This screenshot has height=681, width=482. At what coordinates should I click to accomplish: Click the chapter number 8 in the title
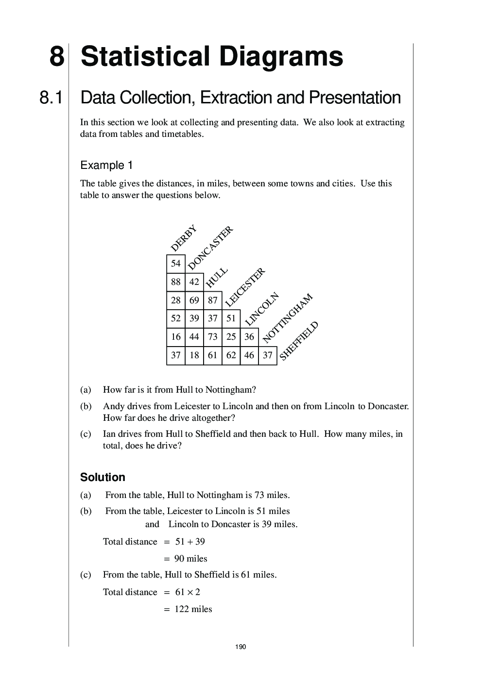pyautogui.click(x=56, y=57)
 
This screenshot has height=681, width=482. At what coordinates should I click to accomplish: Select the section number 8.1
pyautogui.click(x=51, y=98)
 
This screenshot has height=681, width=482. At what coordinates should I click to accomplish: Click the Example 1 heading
pyautogui.click(x=106, y=166)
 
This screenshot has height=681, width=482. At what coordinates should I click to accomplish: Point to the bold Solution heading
pyautogui.click(x=103, y=478)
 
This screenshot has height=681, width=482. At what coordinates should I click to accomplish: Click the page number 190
pyautogui.click(x=241, y=647)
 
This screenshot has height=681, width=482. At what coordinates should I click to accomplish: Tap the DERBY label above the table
pyautogui.click(x=184, y=238)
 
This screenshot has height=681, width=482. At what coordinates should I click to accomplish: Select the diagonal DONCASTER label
pyautogui.click(x=210, y=248)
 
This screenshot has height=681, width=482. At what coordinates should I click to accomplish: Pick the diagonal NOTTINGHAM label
pyautogui.click(x=288, y=318)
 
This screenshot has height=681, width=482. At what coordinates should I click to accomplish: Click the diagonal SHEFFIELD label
pyautogui.click(x=299, y=340)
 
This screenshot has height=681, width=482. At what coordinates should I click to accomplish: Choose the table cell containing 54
pyautogui.click(x=176, y=264)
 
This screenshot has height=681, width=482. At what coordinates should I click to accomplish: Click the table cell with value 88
pyautogui.click(x=176, y=282)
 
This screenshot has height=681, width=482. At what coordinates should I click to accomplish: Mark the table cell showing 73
pyautogui.click(x=212, y=337)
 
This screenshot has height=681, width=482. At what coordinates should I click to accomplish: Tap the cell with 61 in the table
pyautogui.click(x=212, y=355)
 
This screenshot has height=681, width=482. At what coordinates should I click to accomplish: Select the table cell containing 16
pyautogui.click(x=176, y=337)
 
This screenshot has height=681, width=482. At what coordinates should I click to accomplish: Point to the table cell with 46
pyautogui.click(x=249, y=355)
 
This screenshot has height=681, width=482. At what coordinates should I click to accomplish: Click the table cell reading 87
pyautogui.click(x=212, y=300)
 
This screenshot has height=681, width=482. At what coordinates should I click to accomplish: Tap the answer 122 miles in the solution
pyautogui.click(x=193, y=609)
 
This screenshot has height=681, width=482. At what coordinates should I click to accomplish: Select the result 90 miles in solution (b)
pyautogui.click(x=190, y=559)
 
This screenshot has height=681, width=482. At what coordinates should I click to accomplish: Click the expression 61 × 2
pyautogui.click(x=188, y=592)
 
